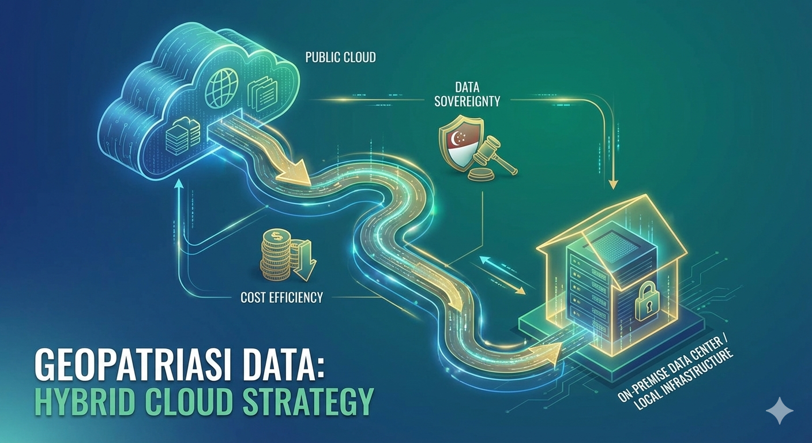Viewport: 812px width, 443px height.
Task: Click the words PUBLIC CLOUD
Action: (340, 58)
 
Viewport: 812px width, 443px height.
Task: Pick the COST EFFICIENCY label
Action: (281, 298)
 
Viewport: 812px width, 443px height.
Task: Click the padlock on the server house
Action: (648, 303)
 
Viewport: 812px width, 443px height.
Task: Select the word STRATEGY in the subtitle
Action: (308, 403)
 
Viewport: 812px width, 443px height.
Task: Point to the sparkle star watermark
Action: (779, 411)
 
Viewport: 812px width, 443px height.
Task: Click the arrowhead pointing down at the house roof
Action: (613, 185)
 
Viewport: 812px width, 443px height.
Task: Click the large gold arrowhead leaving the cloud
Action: (294, 171)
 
